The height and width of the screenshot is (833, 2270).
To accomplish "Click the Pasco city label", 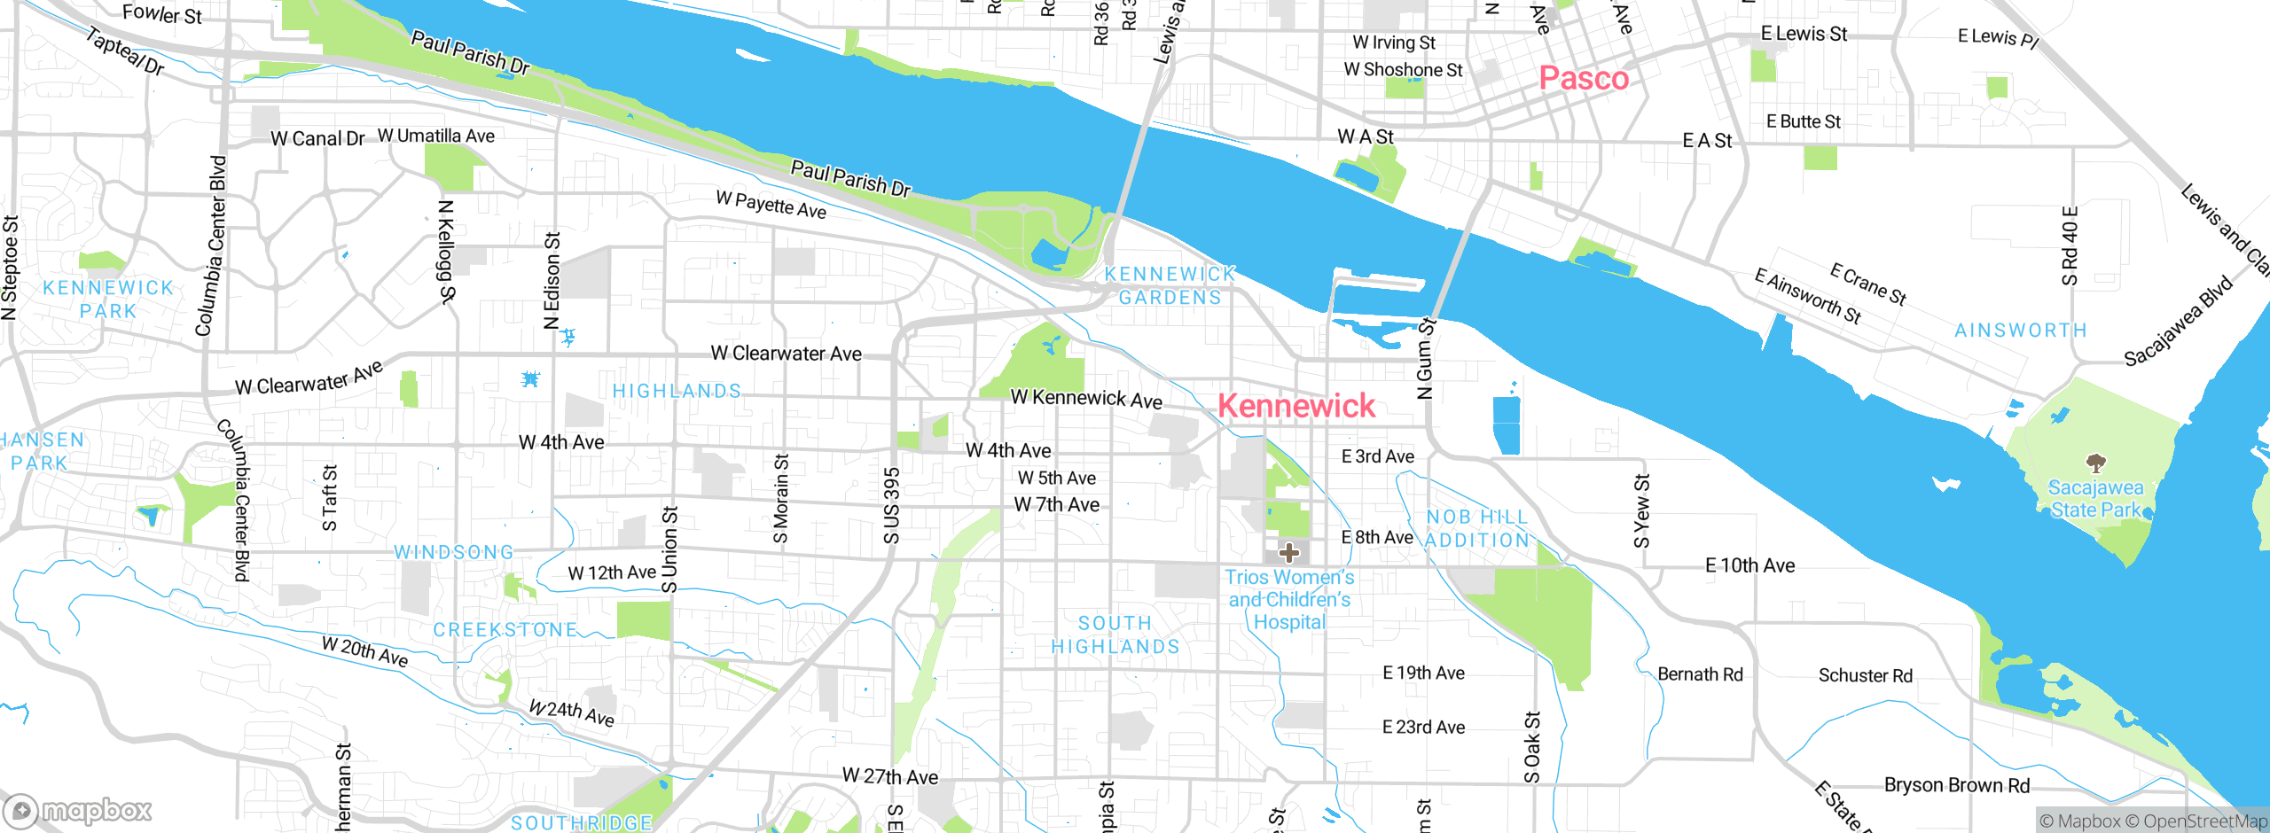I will [x=1584, y=78].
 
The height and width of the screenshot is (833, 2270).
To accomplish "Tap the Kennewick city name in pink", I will [x=1296, y=406].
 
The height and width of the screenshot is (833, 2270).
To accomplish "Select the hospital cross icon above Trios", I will [x=1288, y=553].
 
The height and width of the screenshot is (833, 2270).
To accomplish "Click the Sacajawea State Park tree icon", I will [x=2096, y=463].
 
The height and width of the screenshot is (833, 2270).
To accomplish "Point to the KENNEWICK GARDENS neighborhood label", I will [x=1170, y=285].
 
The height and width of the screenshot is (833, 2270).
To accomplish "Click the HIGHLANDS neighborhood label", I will [x=677, y=391].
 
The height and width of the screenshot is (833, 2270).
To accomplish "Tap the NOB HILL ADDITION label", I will [x=1477, y=528].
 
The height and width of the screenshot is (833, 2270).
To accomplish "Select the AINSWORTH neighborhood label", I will [x=2021, y=331].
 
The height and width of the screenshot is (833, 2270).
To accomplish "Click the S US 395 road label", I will [x=892, y=505].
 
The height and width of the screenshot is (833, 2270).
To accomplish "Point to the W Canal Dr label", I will [x=317, y=139].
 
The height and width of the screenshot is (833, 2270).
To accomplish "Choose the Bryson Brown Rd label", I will [x=1957, y=785].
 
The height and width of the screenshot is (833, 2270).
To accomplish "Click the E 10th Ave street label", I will [x=1749, y=565].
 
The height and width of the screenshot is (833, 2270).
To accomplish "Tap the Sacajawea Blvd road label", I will [x=2178, y=321].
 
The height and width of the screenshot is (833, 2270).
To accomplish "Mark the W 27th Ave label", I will [x=889, y=777].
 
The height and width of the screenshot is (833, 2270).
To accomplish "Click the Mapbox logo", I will [x=78, y=810].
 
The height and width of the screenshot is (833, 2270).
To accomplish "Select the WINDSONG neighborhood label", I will [x=454, y=552].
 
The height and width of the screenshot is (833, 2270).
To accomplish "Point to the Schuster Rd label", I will [x=1865, y=675].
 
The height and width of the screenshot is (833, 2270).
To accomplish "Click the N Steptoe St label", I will [x=10, y=267].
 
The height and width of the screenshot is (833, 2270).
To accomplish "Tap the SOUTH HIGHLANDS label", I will [x=1115, y=634].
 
